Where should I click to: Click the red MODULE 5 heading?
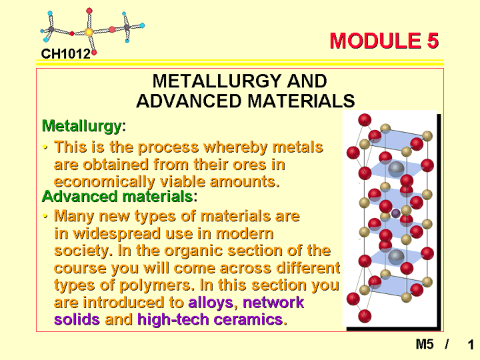coord(384,41)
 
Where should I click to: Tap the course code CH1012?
coord(66,54)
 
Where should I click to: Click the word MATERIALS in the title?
coord(301,101)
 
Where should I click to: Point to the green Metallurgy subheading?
coord(82,126)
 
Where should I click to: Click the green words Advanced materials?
coord(117,196)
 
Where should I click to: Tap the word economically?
coord(105,182)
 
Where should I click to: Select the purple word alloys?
coord(211,303)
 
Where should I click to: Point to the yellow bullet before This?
coord(45,147)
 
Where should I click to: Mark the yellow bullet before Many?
coord(45,216)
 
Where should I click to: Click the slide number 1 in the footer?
coord(471,345)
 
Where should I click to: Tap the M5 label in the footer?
coord(425,345)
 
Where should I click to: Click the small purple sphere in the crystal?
coord(396,213)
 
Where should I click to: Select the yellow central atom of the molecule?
coord(89,32)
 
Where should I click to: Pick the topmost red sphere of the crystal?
coord(365,120)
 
